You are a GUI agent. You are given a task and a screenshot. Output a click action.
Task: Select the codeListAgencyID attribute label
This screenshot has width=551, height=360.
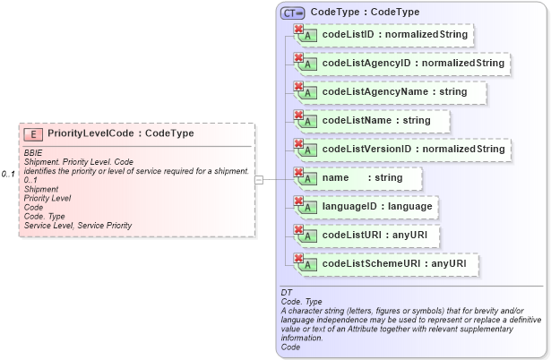coord(413,64)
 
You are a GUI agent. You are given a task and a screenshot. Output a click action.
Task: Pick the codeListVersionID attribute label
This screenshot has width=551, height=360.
coord(413,149)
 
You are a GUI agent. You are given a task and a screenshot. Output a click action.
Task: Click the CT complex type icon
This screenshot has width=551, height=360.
coord(293,13)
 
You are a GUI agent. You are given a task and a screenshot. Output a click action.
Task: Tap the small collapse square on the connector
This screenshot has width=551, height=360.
coord(259,179)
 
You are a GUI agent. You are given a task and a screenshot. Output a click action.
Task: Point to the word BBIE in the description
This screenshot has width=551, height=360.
coord(33,153)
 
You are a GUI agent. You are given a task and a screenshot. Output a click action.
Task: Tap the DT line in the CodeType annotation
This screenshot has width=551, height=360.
coord(287,293)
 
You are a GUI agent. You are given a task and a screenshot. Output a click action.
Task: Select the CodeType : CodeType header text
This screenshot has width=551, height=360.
coord(357,13)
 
